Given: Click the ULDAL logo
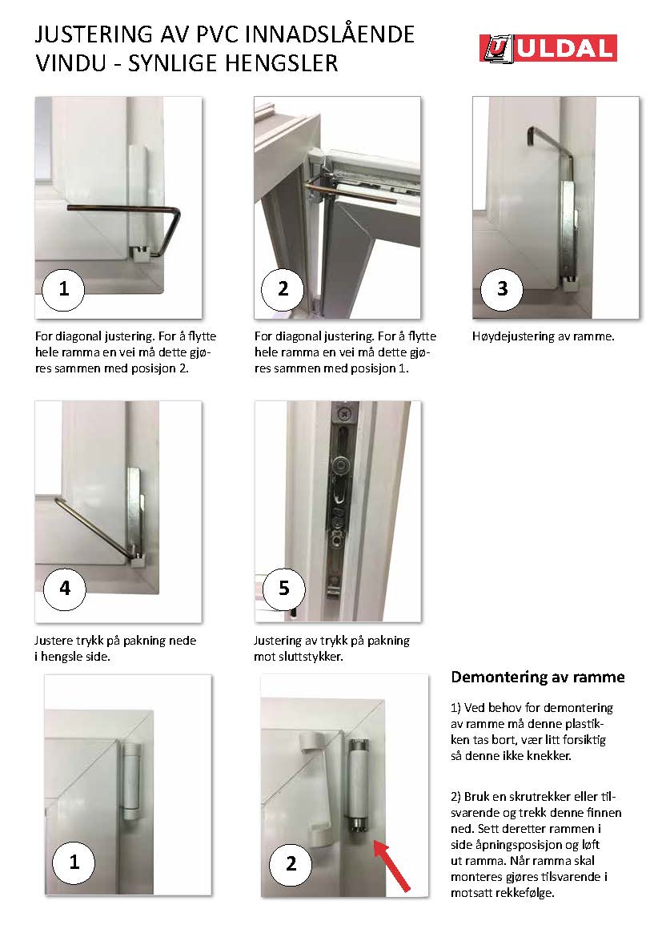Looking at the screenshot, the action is click(548, 48).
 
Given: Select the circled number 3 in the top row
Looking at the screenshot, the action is click(502, 289).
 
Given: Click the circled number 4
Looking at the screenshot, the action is click(65, 589).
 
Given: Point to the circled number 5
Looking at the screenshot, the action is click(284, 589).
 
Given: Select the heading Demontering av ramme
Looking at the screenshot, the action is click(538, 677).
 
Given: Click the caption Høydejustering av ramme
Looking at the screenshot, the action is click(543, 336).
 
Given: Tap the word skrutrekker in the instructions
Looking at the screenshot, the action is click(537, 797).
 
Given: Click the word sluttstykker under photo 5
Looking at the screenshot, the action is click(310, 657).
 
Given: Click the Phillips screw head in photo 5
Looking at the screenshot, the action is click(344, 413).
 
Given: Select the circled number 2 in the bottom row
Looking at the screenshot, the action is click(291, 864).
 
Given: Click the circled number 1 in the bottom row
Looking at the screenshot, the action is click(74, 863).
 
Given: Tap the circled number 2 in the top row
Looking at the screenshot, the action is click(283, 289).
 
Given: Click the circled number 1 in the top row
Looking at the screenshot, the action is click(63, 289).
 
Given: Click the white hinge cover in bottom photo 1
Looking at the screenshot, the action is click(130, 782).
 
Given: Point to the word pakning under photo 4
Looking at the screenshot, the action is click(173, 641).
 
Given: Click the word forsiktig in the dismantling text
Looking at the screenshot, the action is click(580, 740).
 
